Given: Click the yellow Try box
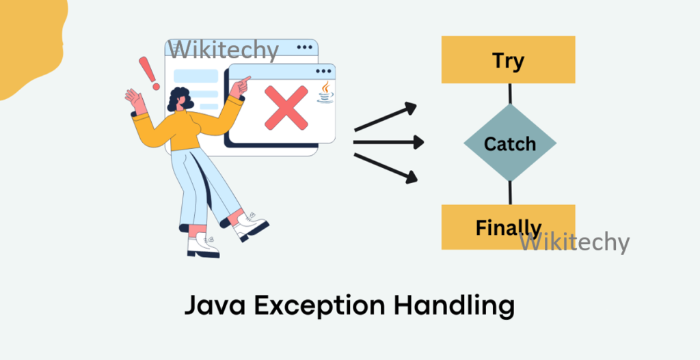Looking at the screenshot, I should [x=508, y=60].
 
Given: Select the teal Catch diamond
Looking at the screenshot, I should [x=509, y=143].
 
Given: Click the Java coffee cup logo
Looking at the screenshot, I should [x=325, y=93].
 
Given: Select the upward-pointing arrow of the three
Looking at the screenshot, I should [x=386, y=117].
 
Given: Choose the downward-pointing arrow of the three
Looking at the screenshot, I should [x=386, y=168].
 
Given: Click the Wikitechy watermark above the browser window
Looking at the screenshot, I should [x=225, y=49].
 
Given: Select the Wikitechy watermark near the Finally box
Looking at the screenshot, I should [x=574, y=242].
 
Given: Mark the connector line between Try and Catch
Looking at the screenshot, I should [x=509, y=94].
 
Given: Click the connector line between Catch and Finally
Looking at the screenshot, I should [x=509, y=193].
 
